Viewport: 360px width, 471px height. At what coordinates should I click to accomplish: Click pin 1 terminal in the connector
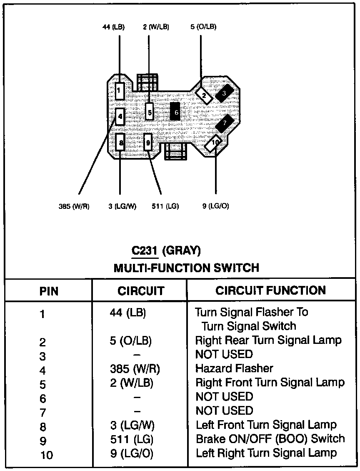(x=120, y=90)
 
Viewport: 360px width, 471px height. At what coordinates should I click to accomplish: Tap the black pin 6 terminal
(x=176, y=112)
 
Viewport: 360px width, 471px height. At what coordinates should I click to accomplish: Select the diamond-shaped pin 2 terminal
(x=204, y=95)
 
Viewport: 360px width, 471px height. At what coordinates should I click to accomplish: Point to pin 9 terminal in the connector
(x=148, y=143)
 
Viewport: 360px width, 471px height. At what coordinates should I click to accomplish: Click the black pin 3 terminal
(x=224, y=94)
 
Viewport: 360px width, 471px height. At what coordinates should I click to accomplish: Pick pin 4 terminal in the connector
(x=120, y=116)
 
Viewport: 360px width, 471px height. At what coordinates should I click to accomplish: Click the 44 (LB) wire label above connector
(x=113, y=28)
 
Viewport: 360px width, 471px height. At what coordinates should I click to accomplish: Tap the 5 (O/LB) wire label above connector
(x=203, y=28)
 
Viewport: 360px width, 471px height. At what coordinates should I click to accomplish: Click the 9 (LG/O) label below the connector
(x=216, y=206)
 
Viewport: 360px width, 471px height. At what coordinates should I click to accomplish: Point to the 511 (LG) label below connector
(x=165, y=206)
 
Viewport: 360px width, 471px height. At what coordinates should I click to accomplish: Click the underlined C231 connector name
(x=144, y=251)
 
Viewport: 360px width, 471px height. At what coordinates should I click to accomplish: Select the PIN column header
(x=49, y=291)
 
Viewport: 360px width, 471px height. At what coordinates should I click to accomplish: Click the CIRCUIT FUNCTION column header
(x=270, y=291)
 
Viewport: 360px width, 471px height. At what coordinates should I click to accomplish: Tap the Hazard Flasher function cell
(x=234, y=368)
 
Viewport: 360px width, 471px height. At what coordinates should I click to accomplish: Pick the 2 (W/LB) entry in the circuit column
(x=132, y=383)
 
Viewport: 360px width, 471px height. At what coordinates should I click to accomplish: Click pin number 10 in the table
(x=47, y=455)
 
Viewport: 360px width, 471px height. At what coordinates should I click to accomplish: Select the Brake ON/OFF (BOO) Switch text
(x=270, y=439)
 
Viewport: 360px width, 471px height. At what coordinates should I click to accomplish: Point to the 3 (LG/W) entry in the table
(x=132, y=425)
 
